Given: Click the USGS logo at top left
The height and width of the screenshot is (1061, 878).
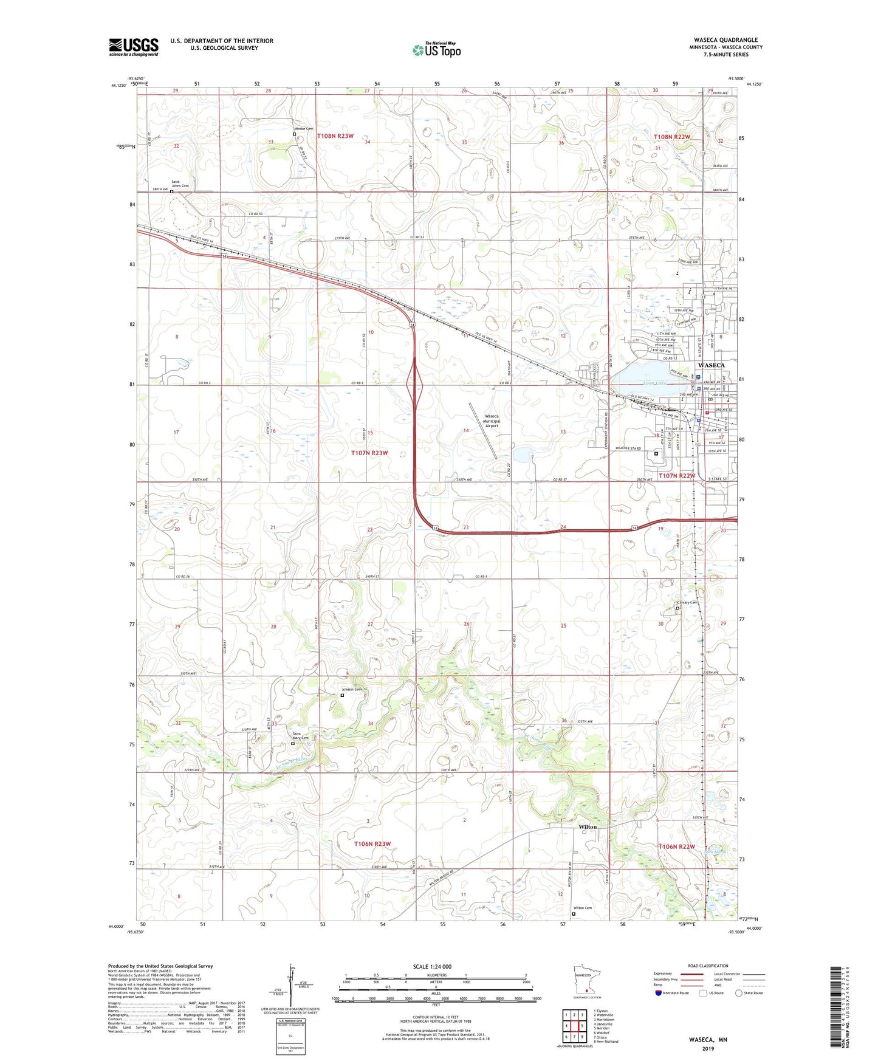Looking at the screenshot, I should pyautogui.click(x=133, y=47).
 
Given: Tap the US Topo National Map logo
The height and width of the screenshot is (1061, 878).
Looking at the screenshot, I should pyautogui.click(x=436, y=50).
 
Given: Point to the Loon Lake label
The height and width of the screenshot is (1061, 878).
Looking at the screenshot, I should pyautogui.click(x=655, y=383).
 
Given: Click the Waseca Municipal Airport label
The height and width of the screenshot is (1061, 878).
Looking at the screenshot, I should pyautogui.click(x=491, y=421).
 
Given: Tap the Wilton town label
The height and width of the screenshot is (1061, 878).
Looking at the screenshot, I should pyautogui.click(x=588, y=827).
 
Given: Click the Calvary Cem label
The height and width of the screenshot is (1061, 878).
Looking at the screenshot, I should pyautogui.click(x=687, y=603).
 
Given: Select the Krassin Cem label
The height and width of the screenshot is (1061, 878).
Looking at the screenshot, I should pyautogui.click(x=352, y=690).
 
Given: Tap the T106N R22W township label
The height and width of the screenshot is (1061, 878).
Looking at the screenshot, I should pyautogui.click(x=676, y=846).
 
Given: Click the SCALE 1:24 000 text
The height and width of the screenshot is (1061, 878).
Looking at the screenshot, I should pyautogui.click(x=432, y=966).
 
